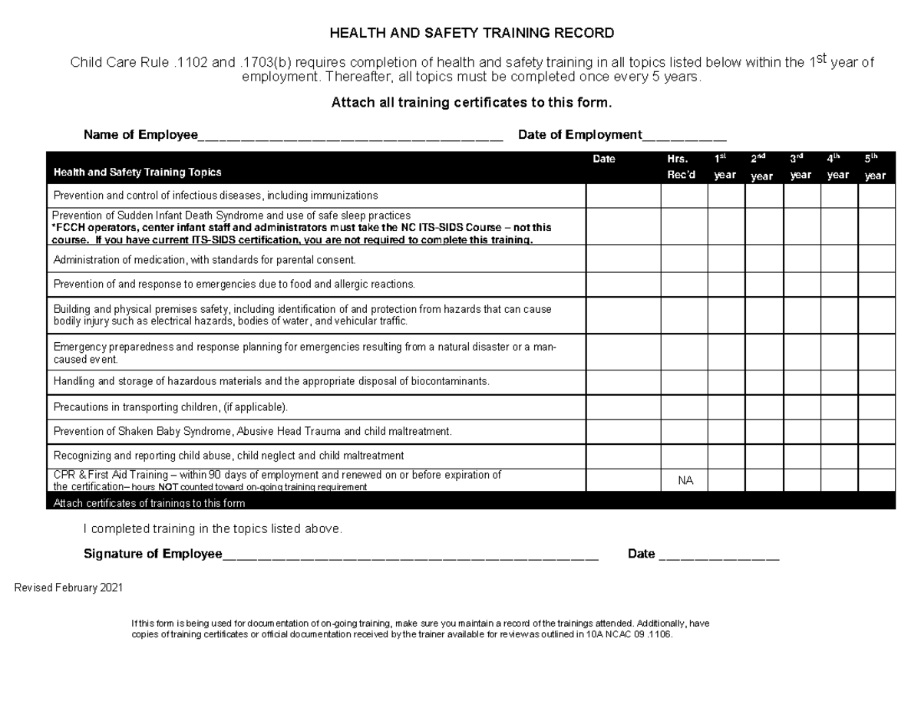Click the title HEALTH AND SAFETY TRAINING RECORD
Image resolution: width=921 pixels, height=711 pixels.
(x=471, y=33)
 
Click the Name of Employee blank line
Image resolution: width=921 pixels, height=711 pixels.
(x=350, y=137)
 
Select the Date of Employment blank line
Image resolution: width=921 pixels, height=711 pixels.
(x=684, y=137)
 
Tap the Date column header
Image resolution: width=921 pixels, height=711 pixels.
(x=604, y=160)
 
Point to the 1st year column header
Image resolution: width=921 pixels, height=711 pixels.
(x=725, y=167)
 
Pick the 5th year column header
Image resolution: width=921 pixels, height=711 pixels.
(x=875, y=167)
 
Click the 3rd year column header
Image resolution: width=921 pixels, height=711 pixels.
(x=801, y=167)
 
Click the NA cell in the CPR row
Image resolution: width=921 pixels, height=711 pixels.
(x=685, y=481)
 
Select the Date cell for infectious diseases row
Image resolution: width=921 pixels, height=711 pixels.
(x=623, y=196)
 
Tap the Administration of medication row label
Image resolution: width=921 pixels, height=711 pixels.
(x=204, y=260)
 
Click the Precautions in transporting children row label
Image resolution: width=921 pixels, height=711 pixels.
(x=170, y=407)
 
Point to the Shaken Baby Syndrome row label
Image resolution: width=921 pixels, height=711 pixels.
(x=253, y=431)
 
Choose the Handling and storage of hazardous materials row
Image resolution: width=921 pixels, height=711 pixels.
(x=271, y=381)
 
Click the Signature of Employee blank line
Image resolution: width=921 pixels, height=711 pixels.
(x=410, y=555)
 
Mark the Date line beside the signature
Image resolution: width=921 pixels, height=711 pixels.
(x=718, y=555)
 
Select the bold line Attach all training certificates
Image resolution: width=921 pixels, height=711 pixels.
(x=471, y=103)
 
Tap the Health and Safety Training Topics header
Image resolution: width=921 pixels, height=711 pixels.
(x=137, y=173)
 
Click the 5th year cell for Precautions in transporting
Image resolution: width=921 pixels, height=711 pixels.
(x=876, y=407)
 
